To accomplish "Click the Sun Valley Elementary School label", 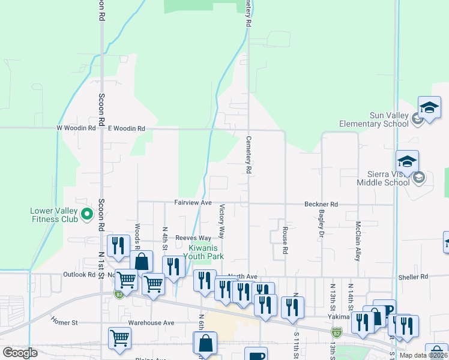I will pos(373,119).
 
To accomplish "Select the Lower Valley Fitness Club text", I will pos(54,215).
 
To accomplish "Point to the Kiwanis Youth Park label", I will pos(206,252).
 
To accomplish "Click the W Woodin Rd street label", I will pos(76,128).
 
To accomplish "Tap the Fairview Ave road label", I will pos(193,203).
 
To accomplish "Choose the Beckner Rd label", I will pos(321,204).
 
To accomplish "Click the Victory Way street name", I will pos(221,220).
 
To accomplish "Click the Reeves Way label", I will pos(193,238).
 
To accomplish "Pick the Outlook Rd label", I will pos(79,275).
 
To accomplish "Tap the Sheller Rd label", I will pos(413,277).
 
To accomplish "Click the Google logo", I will pos(20,353).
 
